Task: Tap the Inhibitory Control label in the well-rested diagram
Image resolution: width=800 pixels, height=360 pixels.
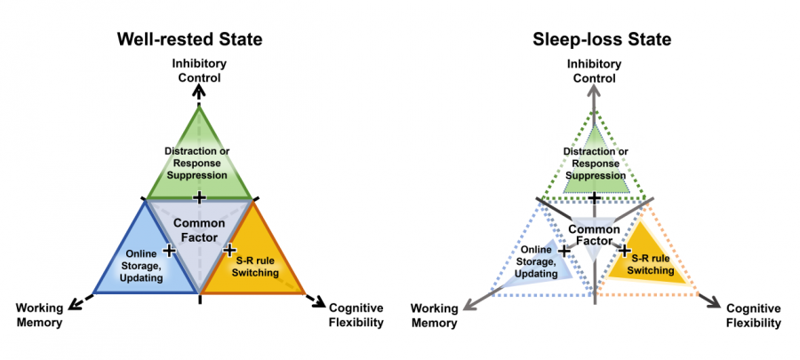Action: click(x=199, y=70)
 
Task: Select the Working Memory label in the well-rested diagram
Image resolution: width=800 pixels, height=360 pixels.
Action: click(x=39, y=316)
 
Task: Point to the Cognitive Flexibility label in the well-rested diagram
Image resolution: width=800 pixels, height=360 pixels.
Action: click(x=356, y=316)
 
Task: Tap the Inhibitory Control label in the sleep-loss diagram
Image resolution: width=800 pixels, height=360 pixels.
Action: click(x=594, y=70)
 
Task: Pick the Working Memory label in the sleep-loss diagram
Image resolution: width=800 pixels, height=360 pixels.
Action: click(x=434, y=316)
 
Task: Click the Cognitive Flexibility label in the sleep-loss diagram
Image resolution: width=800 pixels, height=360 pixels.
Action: click(x=751, y=316)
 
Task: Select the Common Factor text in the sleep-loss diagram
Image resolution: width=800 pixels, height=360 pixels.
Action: click(x=593, y=236)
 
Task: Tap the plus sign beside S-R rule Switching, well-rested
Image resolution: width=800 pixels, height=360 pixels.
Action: click(x=228, y=251)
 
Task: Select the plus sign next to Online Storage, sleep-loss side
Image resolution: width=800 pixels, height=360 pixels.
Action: click(x=564, y=251)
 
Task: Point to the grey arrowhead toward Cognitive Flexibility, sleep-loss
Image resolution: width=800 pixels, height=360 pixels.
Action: click(x=714, y=303)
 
